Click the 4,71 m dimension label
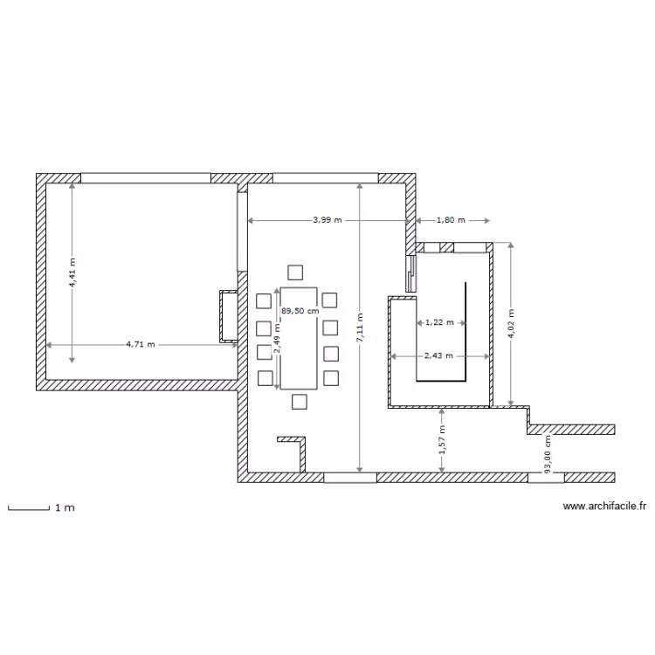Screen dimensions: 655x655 [x=140, y=344]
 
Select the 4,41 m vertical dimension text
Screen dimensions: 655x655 [x=72, y=272]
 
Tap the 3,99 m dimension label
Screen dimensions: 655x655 [x=327, y=221]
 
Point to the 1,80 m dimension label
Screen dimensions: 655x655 [x=451, y=221]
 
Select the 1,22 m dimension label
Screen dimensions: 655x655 [x=439, y=322]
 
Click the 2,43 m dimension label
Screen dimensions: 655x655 [x=439, y=355]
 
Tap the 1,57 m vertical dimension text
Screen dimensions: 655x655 [x=443, y=440]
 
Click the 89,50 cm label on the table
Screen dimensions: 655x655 [x=300, y=309]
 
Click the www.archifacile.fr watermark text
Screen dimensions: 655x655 [x=604, y=506]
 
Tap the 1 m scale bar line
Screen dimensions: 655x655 [x=27, y=507]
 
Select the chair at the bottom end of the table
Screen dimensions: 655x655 [x=300, y=402]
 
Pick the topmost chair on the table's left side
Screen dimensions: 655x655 [x=264, y=301]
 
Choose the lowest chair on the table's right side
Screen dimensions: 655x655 [x=329, y=378]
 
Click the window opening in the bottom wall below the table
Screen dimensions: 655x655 [x=349, y=478]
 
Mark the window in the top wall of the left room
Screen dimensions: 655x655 [x=145, y=178]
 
